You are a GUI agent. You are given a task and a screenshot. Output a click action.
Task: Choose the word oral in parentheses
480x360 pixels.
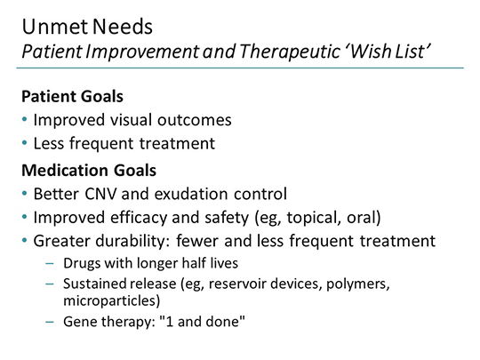tap(353, 218)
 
